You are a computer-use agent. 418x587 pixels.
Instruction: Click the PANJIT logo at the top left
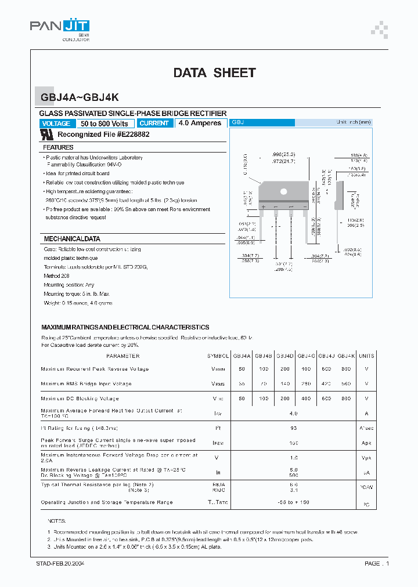[60, 27]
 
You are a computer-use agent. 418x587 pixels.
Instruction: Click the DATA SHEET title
[214, 73]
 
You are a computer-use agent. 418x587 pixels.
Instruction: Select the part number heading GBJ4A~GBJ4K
[80, 99]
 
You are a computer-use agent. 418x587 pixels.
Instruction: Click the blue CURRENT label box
[155, 124]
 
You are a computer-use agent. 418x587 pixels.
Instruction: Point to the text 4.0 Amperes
[200, 124]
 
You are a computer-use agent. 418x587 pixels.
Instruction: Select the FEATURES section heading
[58, 148]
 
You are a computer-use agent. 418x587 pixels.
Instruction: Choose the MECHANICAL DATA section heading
[72, 239]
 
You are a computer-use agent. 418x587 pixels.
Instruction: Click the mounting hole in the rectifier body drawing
[283, 191]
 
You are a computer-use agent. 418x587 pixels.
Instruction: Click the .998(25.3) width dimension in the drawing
[283, 154]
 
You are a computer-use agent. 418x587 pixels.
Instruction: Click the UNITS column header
[366, 356]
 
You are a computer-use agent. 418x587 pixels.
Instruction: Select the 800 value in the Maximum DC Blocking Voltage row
[347, 398]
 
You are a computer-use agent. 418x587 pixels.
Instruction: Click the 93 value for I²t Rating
[294, 428]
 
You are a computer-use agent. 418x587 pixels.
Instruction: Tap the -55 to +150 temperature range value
[294, 502]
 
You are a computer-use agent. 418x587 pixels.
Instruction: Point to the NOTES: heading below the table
[57, 521]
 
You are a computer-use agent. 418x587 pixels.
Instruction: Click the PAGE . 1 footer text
[377, 563]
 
